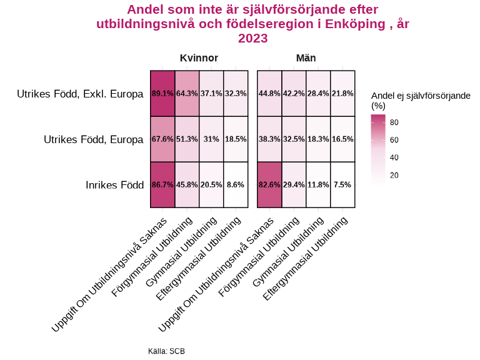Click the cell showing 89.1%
162,93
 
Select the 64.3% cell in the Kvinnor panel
187,93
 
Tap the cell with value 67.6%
162,139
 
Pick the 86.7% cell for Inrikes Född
162,184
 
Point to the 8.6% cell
236,184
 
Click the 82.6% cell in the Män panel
269,184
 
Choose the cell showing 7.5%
342,184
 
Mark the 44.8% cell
269,93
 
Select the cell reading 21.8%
342,93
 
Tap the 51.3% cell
187,139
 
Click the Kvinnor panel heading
199,58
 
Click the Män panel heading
306,58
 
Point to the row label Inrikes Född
114,185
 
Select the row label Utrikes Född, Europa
94,139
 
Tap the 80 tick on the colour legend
394,122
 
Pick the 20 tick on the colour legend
394,176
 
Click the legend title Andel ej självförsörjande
421,95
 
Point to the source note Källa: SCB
166,351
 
